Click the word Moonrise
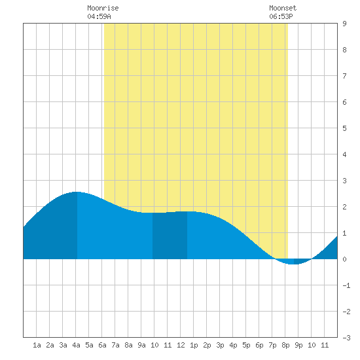(x=103, y=8)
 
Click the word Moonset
(x=283, y=8)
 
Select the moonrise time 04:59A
(x=99, y=16)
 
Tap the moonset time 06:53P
(x=281, y=16)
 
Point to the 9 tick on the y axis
(x=344, y=24)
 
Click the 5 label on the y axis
(x=344, y=128)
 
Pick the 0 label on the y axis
(x=344, y=259)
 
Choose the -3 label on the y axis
(x=346, y=338)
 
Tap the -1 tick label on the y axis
(x=346, y=285)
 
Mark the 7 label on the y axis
(x=344, y=76)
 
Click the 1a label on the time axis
(x=37, y=345)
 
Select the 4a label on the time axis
(x=76, y=345)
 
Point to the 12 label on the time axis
(x=181, y=345)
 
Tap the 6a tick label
(x=102, y=345)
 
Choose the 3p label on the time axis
(x=220, y=345)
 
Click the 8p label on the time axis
(x=285, y=345)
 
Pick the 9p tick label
(x=298, y=345)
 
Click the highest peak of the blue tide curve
(x=77, y=192)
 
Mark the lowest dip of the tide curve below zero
(x=293, y=264)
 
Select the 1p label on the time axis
(x=194, y=345)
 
